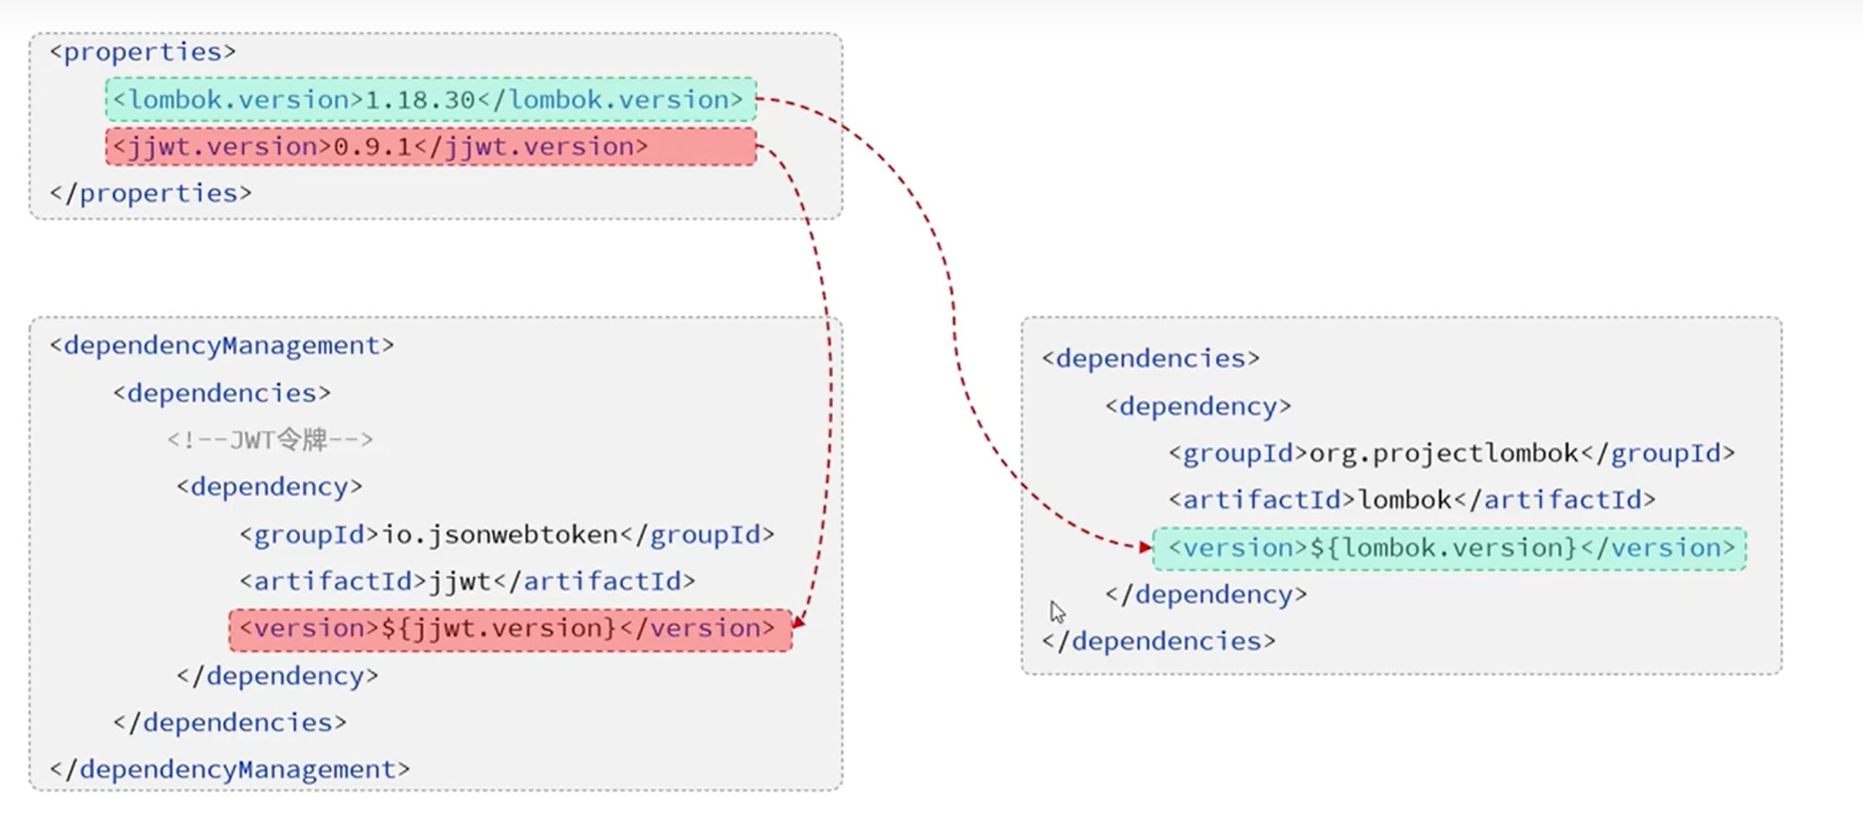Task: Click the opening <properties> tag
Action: [x=142, y=53]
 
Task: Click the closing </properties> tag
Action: [x=151, y=194]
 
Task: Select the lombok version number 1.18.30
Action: [x=420, y=100]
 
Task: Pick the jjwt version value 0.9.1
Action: [x=373, y=147]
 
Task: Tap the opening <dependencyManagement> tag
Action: [x=222, y=346]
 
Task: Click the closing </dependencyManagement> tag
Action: [x=230, y=769]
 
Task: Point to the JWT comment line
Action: [x=270, y=440]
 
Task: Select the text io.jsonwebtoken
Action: [x=500, y=534]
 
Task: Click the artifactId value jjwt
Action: [x=461, y=582]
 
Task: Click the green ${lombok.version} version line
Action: [x=1449, y=548]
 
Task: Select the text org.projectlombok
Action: [x=1444, y=453]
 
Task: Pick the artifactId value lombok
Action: [x=1405, y=500]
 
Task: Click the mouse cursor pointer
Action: [x=1058, y=612]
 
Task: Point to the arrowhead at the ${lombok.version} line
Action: [x=1146, y=547]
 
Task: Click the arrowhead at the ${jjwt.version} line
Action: [x=798, y=623]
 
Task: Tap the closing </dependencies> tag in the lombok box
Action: [x=1159, y=642]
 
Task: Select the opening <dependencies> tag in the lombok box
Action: [x=1151, y=358]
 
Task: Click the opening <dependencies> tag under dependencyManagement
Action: [x=222, y=394]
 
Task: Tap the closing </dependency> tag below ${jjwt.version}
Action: [x=278, y=677]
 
